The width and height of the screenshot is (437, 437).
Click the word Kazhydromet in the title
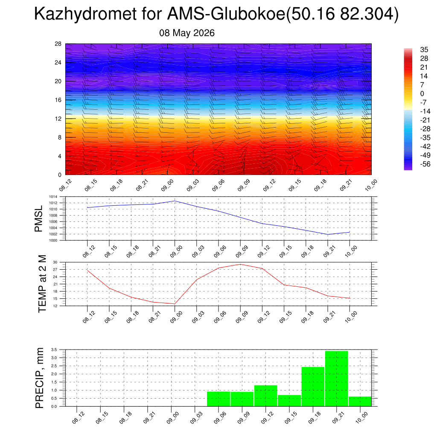click(85, 14)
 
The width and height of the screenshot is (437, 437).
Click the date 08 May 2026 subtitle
click(187, 33)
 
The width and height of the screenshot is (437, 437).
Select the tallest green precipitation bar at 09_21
click(336, 379)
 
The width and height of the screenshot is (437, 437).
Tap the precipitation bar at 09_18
click(313, 387)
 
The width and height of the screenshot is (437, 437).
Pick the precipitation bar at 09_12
click(265, 396)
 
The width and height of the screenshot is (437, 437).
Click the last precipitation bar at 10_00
click(360, 401)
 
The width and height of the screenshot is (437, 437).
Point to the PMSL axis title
click(38, 218)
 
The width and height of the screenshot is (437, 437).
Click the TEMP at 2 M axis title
click(42, 284)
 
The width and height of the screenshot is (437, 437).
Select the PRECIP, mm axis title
click(40, 378)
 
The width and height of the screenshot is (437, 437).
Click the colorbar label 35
click(424, 50)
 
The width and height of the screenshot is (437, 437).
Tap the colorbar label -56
click(425, 164)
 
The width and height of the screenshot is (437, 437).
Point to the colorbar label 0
click(422, 93)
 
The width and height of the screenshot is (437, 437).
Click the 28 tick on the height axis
click(58, 44)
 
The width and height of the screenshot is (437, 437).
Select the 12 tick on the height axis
click(58, 119)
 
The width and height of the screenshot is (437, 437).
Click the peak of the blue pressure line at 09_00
click(175, 201)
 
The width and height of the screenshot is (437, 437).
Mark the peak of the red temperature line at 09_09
click(240, 264)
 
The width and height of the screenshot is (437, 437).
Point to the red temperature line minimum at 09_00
click(175, 304)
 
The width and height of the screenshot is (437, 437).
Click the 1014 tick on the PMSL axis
click(53, 197)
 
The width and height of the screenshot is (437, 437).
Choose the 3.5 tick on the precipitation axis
click(54, 350)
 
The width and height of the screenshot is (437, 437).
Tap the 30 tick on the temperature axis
click(55, 262)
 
